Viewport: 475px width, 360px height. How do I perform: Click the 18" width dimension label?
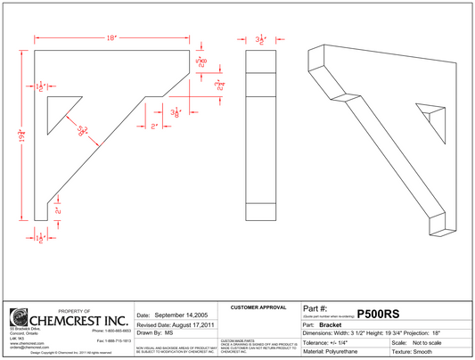pos(111,38)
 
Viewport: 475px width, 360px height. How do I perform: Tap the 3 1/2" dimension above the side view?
pos(261,40)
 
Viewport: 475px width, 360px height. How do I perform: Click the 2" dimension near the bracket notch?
pos(153,127)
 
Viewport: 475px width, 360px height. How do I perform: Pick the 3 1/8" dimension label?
pos(177,112)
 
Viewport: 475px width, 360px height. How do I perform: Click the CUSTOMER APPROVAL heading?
pos(258,307)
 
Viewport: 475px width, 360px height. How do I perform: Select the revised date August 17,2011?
pos(176,326)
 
